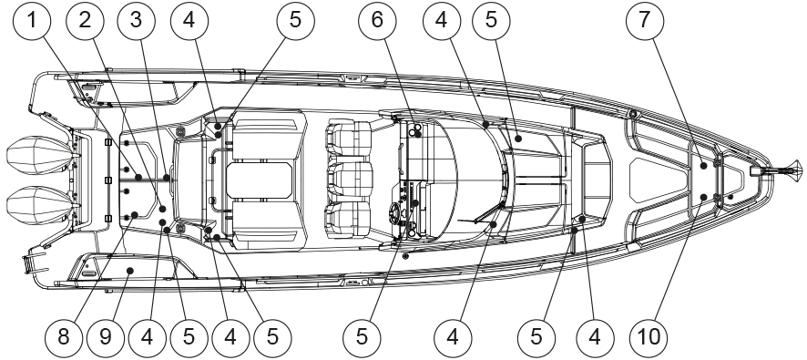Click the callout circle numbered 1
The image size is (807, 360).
(x=32, y=21)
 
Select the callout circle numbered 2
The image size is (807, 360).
(x=85, y=21)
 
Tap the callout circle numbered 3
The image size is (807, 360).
(x=136, y=21)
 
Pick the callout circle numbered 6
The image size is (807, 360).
(x=377, y=21)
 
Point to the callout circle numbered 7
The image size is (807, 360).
(x=645, y=21)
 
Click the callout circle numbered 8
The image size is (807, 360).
(x=64, y=337)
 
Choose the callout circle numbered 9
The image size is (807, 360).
(x=105, y=337)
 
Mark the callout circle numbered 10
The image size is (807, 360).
(x=649, y=337)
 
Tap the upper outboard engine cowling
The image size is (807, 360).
(x=37, y=155)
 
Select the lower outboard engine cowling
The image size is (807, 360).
(x=37, y=205)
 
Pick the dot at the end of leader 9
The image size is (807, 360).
(x=131, y=271)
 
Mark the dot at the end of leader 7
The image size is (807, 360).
(x=703, y=165)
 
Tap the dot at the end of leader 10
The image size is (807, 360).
(x=703, y=196)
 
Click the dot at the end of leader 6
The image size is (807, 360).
(x=418, y=134)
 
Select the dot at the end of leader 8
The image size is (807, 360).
(x=134, y=214)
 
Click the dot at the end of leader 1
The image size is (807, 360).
(x=138, y=177)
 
